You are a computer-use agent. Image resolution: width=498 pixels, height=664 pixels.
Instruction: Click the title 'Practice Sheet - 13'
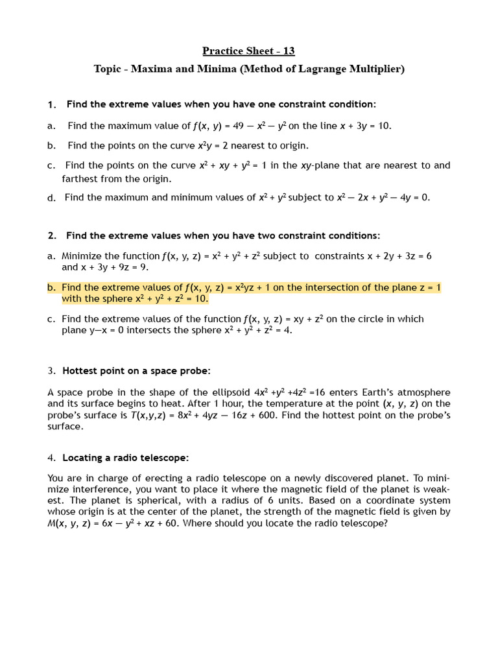pos(249,51)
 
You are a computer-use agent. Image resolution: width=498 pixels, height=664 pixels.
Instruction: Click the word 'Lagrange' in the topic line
pos(321,69)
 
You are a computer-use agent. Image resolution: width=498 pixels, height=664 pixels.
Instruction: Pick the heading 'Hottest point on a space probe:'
pos(136,371)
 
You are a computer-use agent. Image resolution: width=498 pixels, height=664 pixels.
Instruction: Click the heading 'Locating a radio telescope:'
pos(125,458)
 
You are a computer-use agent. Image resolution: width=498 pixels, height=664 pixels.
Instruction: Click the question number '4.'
pos(51,458)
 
